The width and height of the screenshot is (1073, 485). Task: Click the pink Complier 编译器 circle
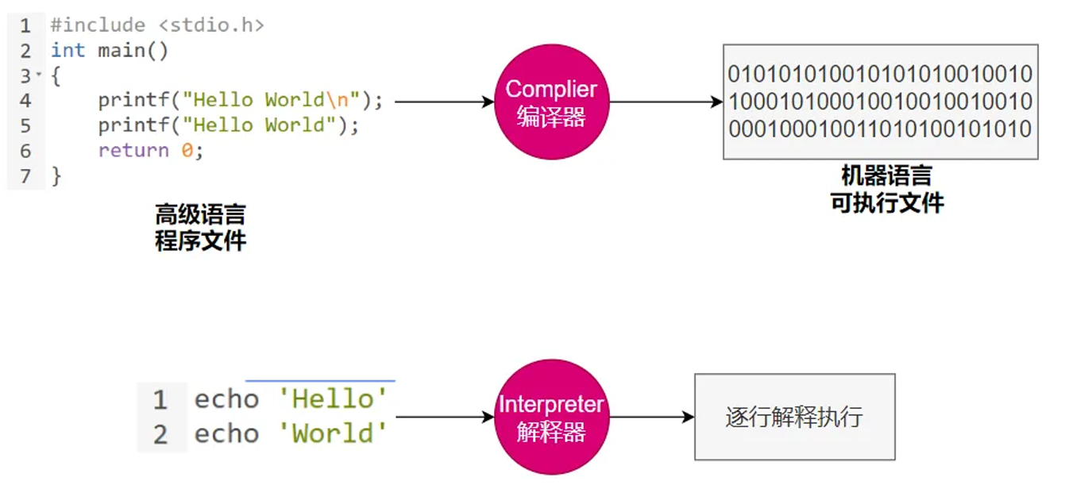coord(551,102)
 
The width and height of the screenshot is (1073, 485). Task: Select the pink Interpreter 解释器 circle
coord(551,418)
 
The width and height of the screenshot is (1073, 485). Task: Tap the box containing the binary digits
coord(880,102)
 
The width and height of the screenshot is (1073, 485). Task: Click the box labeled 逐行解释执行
coord(794,418)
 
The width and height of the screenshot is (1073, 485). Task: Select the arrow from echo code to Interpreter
coord(445,418)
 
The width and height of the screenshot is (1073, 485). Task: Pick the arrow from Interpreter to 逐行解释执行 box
coord(651,418)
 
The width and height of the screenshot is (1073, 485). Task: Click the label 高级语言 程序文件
coord(200,227)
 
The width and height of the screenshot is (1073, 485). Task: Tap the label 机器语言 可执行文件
coord(886,189)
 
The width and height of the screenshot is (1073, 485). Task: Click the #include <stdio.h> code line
coord(157,25)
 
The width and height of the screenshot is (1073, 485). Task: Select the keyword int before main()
coord(68,51)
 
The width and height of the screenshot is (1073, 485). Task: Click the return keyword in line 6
coord(133,151)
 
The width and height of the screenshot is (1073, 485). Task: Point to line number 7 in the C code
coord(25,176)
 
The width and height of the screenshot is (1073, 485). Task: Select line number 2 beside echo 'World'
coord(160,434)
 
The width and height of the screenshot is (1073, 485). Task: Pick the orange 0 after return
coord(187,151)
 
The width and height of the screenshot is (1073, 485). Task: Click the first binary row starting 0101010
coord(880,75)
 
